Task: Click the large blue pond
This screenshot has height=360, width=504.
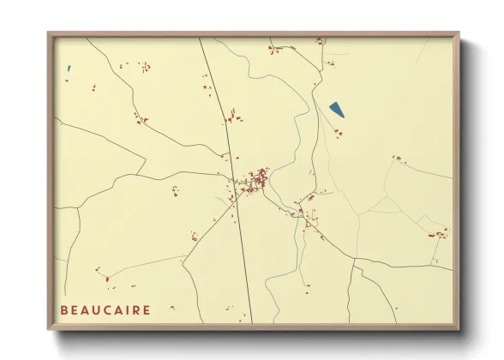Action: point(337,110)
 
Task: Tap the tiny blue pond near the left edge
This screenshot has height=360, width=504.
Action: point(69,69)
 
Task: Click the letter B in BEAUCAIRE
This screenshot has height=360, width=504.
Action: point(64,310)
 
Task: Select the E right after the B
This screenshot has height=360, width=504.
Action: point(75,310)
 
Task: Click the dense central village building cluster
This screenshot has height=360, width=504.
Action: point(255,181)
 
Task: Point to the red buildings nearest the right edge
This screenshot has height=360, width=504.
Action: point(441,233)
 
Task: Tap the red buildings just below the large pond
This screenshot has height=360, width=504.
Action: point(338,132)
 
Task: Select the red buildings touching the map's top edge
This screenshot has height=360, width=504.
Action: point(319,40)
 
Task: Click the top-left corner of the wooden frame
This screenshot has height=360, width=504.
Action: point(49,33)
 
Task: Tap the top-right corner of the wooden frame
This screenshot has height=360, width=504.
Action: point(459,33)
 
